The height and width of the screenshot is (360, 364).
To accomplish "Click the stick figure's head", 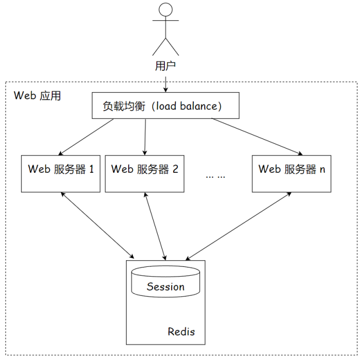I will coord(165,9).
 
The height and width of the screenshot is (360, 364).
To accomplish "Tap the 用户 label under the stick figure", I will coord(165,66).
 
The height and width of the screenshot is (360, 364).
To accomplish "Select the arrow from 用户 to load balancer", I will coord(165,83).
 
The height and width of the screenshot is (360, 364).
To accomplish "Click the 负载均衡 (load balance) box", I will coord(165,106).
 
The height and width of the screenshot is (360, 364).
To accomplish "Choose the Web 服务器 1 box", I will coord(60,173).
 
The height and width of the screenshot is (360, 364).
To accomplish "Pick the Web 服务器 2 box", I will coord(145,173).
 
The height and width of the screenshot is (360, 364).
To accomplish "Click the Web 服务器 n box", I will coord(292,173).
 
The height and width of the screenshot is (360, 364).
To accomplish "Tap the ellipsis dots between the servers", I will coord(215,175).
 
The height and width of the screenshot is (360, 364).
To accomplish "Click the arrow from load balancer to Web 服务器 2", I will coord(145,137).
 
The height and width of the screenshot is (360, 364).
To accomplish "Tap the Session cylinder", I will coord(165,282).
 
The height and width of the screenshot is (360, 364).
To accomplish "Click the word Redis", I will coord(181,332).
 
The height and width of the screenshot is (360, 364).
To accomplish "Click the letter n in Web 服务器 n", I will coord(323,169).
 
